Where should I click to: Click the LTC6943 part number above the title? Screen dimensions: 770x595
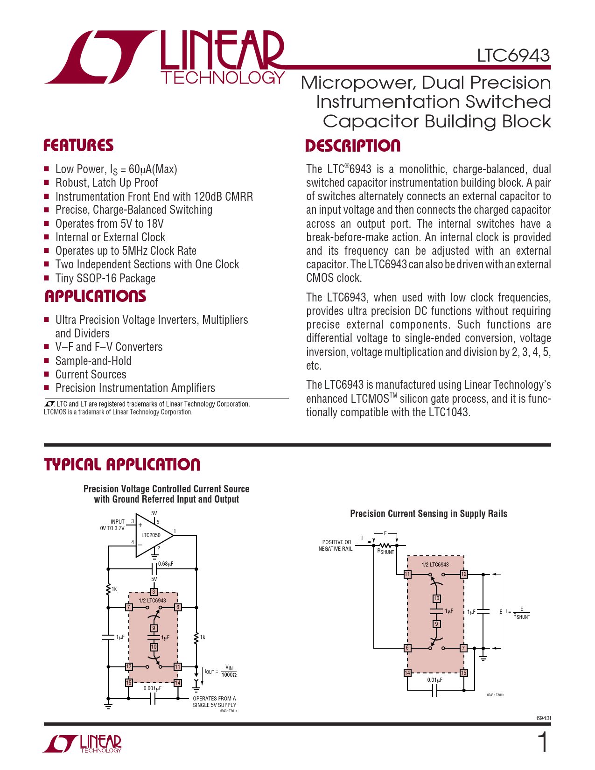(x=513, y=56)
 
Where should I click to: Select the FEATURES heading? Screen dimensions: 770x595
(x=78, y=146)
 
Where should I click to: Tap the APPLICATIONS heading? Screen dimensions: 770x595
(x=95, y=296)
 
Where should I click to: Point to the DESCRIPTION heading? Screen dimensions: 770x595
(x=353, y=146)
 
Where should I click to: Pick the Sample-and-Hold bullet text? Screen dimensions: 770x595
(x=93, y=361)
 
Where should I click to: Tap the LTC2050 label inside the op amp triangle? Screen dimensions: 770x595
(x=151, y=535)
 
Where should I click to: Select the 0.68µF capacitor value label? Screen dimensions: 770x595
(x=166, y=564)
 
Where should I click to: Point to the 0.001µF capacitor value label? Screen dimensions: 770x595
(x=152, y=688)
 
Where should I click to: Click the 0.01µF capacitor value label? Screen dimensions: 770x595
(x=434, y=680)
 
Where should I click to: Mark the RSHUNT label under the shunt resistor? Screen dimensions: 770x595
(x=386, y=552)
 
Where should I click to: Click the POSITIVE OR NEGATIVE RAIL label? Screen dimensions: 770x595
(x=336, y=546)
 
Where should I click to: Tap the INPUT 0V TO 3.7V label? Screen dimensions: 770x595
(x=112, y=525)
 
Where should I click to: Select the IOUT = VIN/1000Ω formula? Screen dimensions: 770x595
(x=221, y=672)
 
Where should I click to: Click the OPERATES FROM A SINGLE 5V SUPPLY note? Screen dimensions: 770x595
(x=215, y=702)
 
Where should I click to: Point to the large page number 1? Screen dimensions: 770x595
(x=543, y=743)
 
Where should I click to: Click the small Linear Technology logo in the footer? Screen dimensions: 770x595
(x=83, y=744)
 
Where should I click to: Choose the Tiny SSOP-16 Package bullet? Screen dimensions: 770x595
(x=105, y=278)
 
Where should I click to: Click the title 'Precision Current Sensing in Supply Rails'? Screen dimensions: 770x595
(x=428, y=514)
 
